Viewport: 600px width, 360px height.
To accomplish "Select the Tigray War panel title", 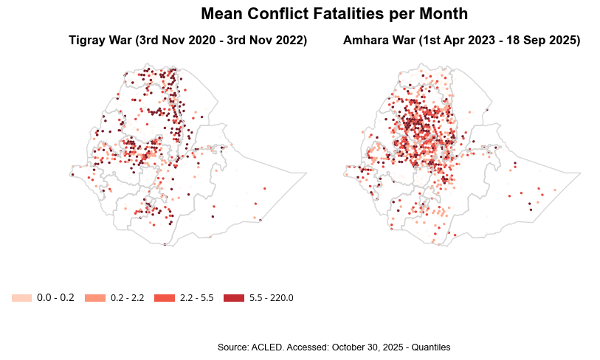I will [187, 41].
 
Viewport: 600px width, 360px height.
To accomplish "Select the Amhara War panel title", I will [461, 41].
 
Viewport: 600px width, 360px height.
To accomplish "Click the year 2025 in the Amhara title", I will [561, 41].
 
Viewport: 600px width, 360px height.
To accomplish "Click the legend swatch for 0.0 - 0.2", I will [21, 298].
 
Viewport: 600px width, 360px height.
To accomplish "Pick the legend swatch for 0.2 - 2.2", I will [95, 298].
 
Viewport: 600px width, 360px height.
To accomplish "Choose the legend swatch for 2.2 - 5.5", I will [164, 298].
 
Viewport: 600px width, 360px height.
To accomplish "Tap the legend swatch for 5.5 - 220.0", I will [233, 298].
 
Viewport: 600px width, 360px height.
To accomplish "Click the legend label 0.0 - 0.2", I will [55, 298].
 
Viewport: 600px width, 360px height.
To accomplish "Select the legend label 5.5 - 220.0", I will [271, 298].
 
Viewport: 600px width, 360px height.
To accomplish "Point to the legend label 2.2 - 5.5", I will [196, 298].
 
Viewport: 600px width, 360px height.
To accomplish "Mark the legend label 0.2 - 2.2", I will [127, 298].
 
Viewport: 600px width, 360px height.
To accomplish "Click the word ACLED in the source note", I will [267, 347].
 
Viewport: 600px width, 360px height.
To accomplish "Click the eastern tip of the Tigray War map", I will [306, 173].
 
